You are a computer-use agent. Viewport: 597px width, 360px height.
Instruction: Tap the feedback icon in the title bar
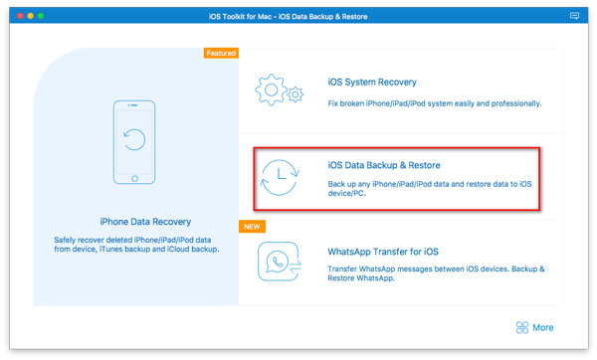point(575,17)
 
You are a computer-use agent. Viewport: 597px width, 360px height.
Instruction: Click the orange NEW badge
point(252,227)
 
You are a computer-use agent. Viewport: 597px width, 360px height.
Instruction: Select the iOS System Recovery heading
point(372,83)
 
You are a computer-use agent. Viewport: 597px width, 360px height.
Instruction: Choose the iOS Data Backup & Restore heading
point(383,165)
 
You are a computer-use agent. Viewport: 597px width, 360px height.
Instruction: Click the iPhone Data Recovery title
point(145,221)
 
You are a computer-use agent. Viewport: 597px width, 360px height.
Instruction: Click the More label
point(543,327)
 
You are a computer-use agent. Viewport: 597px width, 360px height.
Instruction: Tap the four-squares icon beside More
point(521,327)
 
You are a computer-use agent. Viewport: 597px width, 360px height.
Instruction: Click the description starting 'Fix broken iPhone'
point(435,103)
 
